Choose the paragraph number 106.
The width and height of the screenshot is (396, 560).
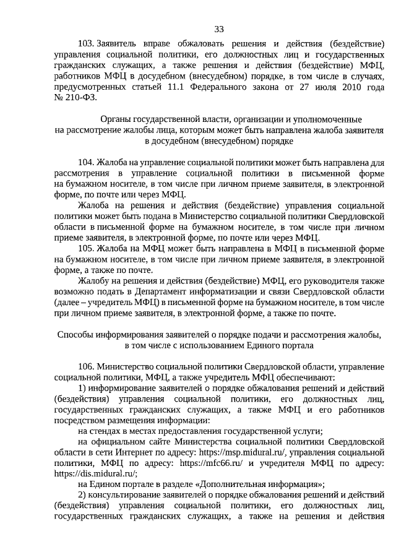point(86,366)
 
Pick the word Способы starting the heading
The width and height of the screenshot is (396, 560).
point(76,334)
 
